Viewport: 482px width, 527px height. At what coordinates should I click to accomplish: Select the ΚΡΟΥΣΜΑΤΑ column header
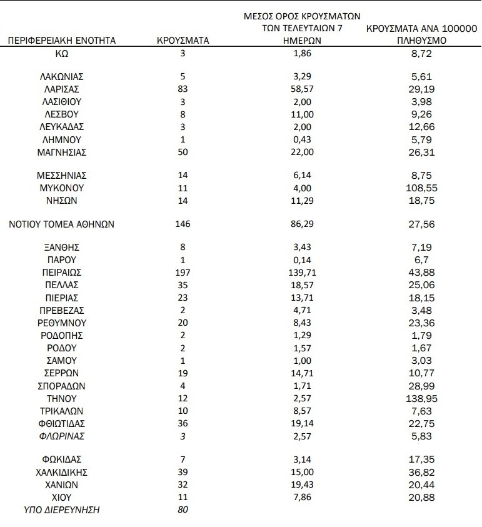click(183, 41)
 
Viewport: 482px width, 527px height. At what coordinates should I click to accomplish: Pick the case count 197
click(183, 273)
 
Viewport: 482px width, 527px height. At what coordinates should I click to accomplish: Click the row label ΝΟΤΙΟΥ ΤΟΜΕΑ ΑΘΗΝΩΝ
click(61, 224)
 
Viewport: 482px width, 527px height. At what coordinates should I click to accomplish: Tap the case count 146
click(183, 224)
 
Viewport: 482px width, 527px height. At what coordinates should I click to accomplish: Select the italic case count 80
click(183, 510)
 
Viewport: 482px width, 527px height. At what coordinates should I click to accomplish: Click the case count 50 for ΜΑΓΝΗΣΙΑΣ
click(183, 152)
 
